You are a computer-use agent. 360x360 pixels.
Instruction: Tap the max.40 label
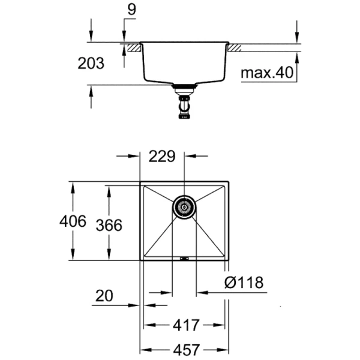[x=266, y=73]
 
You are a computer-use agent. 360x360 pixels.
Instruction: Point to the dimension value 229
[x=162, y=157]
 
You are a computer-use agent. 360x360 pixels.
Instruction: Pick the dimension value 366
[x=109, y=225]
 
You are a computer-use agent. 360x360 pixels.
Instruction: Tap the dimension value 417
[x=186, y=326]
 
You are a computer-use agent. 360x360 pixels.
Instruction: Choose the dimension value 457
[x=186, y=349]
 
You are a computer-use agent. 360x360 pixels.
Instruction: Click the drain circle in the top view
[x=184, y=208]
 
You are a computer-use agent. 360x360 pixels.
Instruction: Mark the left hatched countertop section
[x=131, y=46]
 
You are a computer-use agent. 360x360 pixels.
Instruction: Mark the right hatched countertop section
[x=234, y=46]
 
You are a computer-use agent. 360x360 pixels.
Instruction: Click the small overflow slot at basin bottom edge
[x=184, y=259]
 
